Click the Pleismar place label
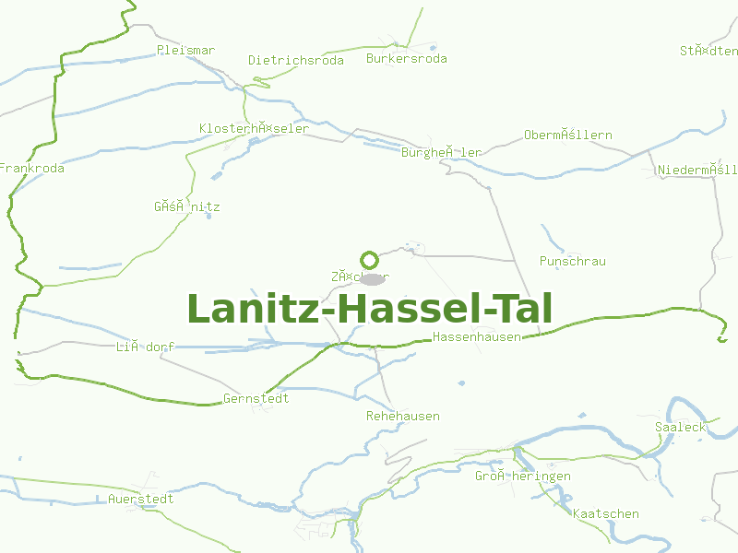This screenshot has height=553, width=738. pyautogui.click(x=185, y=50)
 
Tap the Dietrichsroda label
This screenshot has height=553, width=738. pyautogui.click(x=295, y=61)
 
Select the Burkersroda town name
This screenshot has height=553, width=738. pyautogui.click(x=406, y=59)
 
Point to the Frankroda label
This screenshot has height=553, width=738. pyautogui.click(x=31, y=169)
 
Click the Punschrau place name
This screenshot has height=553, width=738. pyautogui.click(x=572, y=262)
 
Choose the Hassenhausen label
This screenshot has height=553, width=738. pyautogui.click(x=476, y=337)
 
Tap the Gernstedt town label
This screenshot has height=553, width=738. pyautogui.click(x=256, y=399)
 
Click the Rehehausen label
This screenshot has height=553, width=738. pyautogui.click(x=402, y=417)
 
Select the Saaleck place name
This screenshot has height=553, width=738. pyautogui.click(x=680, y=427)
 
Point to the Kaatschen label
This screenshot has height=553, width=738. pyautogui.click(x=605, y=514)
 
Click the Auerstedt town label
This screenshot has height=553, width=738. pyautogui.click(x=140, y=500)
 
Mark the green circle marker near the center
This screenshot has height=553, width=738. pyautogui.click(x=370, y=260)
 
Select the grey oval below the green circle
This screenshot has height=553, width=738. pyautogui.click(x=372, y=278)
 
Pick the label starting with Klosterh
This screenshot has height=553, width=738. pyautogui.click(x=254, y=129)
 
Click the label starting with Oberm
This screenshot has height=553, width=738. pyautogui.click(x=567, y=135)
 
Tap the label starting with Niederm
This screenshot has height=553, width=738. pyautogui.click(x=696, y=171)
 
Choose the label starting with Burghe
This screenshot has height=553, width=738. pyautogui.click(x=441, y=153)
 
